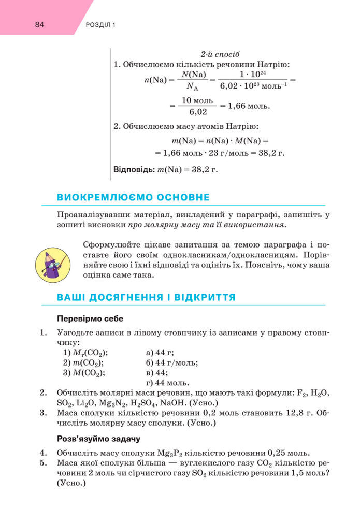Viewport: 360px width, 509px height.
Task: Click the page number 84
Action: (39, 24)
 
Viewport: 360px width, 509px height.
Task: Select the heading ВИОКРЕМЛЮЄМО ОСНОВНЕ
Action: (133, 197)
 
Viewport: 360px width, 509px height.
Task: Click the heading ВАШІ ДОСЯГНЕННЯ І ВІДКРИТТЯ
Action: (147, 297)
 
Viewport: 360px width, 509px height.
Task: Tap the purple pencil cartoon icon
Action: (51, 261)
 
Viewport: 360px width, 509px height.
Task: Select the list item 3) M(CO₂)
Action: (84, 373)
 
